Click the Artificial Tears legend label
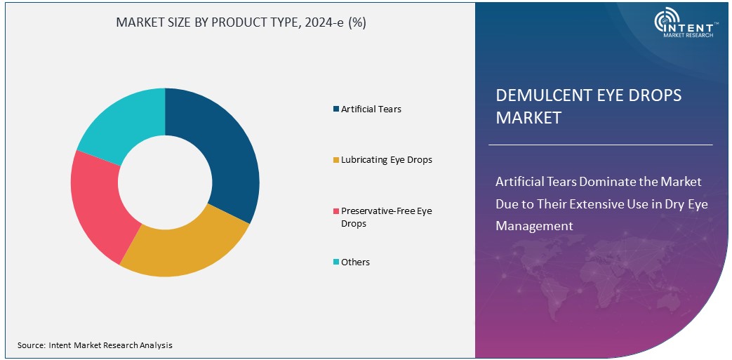tap(371, 109)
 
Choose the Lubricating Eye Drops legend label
tap(386, 159)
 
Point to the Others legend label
tap(355, 262)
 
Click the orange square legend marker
tap(336, 160)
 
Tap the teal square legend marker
tap(336, 262)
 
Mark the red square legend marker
tap(336, 211)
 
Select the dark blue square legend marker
tap(336, 109)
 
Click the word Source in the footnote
tap(31, 345)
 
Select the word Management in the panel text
tap(534, 226)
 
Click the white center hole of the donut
tap(165, 182)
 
